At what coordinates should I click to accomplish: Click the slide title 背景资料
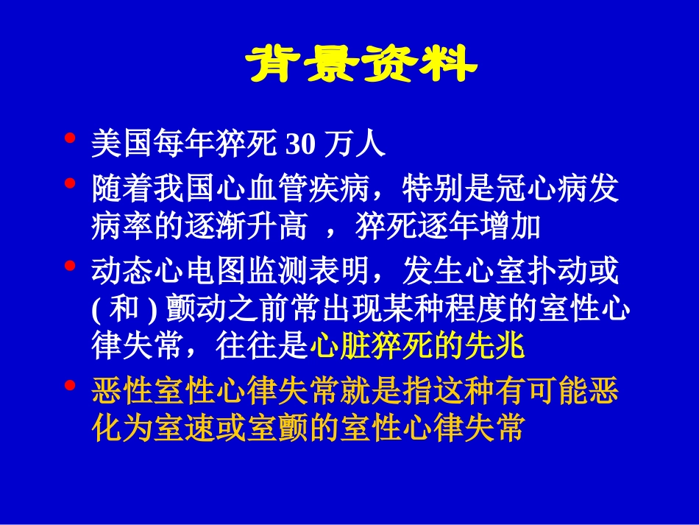(361, 66)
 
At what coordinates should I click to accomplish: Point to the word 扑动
(556, 272)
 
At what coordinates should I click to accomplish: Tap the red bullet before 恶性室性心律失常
(71, 385)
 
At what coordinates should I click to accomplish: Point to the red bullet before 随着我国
(71, 183)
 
